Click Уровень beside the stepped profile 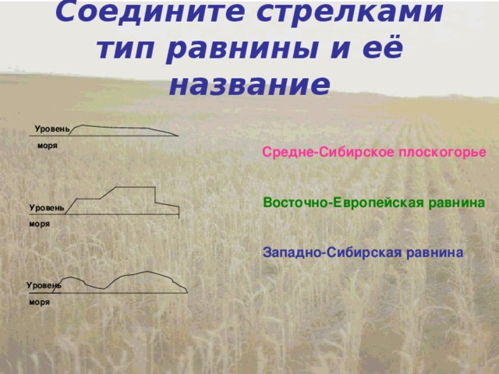pyautogui.click(x=47, y=208)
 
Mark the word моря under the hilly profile pyautogui.click(x=39, y=301)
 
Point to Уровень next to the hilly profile pyautogui.click(x=44, y=286)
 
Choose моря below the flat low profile pyautogui.click(x=47, y=146)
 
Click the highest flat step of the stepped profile pyautogui.click(x=135, y=186)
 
